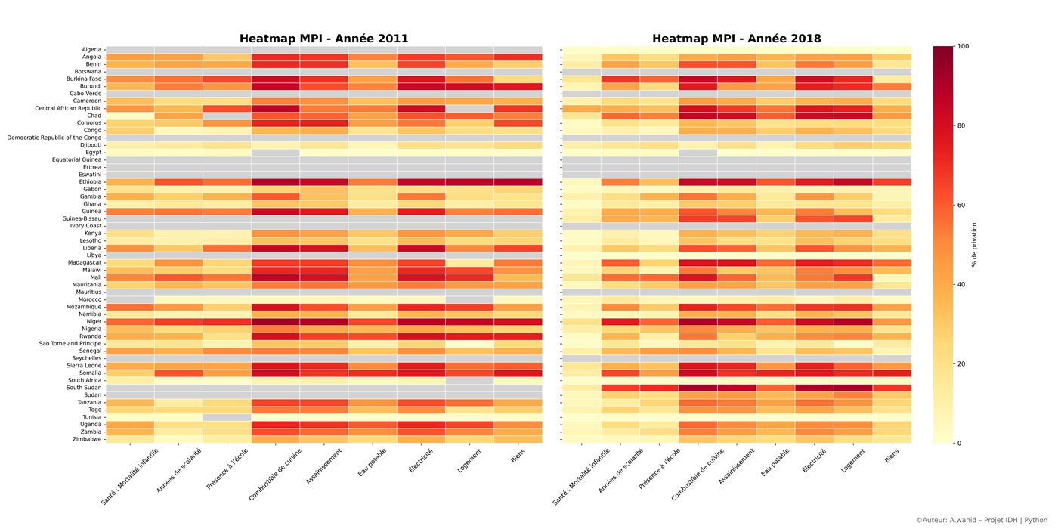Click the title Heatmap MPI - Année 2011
[x=323, y=39]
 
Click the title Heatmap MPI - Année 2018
[x=736, y=39]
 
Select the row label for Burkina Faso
[x=84, y=79]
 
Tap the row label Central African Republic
[x=68, y=108]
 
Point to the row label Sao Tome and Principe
[x=70, y=343]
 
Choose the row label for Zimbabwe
[x=87, y=439]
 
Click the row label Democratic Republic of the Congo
[x=54, y=138]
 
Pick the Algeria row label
[x=91, y=49]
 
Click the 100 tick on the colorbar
[x=963, y=46]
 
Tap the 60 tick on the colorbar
[x=961, y=205]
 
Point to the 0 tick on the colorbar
[x=959, y=443]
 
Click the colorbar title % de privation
[x=974, y=245]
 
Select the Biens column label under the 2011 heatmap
[x=518, y=456]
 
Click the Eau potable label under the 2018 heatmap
[x=775, y=462]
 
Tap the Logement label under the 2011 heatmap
[x=469, y=460]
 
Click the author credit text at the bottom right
[x=982, y=520]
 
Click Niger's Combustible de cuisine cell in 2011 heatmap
[x=275, y=322]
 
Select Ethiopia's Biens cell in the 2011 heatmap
[x=518, y=182]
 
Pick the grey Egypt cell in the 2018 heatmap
[x=698, y=153]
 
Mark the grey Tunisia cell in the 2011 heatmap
[x=227, y=417]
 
